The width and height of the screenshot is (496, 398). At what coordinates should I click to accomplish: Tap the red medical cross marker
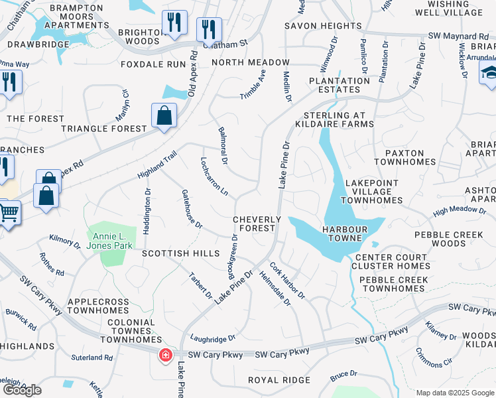(164, 356)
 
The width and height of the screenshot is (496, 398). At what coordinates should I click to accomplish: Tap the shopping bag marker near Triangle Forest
(164, 117)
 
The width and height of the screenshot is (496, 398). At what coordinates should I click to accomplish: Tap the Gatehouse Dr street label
(192, 210)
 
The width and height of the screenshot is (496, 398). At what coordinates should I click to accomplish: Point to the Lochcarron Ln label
(215, 176)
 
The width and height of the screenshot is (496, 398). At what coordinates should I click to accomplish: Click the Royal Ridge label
(279, 380)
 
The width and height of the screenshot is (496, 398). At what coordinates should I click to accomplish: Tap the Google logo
(22, 390)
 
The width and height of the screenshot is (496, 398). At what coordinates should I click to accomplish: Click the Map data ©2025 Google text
(455, 393)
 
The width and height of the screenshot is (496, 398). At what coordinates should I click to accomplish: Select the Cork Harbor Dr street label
(286, 279)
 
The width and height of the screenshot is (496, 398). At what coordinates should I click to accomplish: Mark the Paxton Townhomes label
(404, 157)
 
